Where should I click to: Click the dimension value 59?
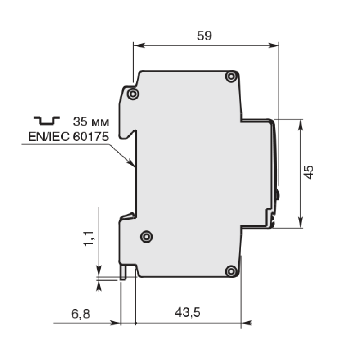[x=204, y=36]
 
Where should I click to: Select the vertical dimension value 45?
[x=309, y=172]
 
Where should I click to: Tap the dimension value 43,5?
[x=188, y=313]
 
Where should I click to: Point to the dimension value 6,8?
[x=81, y=314]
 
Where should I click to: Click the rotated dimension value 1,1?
[x=89, y=239]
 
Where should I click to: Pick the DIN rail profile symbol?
[x=47, y=120]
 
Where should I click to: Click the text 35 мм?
[x=91, y=121]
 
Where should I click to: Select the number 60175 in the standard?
[x=91, y=137]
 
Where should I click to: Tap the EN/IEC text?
[x=49, y=137]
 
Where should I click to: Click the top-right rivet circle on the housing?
[x=231, y=76]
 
